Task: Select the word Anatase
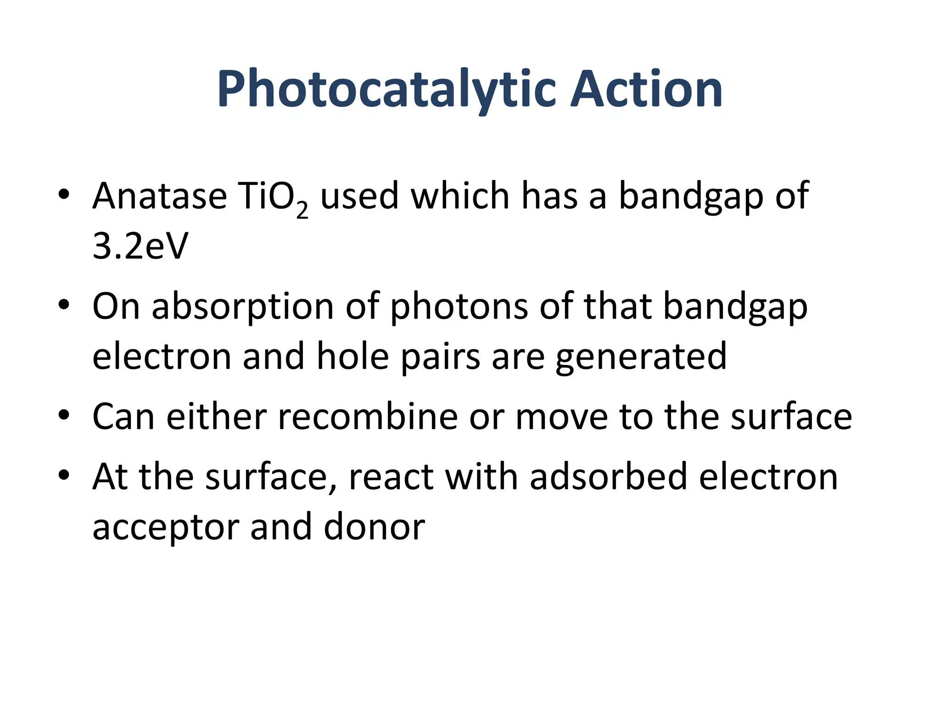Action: tap(160, 196)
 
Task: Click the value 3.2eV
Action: tap(140, 246)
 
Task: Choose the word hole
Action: tap(352, 356)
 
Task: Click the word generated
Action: tap(641, 357)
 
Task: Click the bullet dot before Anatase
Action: tap(64, 194)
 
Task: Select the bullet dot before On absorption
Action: tap(64, 304)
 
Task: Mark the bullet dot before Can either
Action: tap(64, 415)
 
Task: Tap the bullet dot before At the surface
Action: tap(64, 475)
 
